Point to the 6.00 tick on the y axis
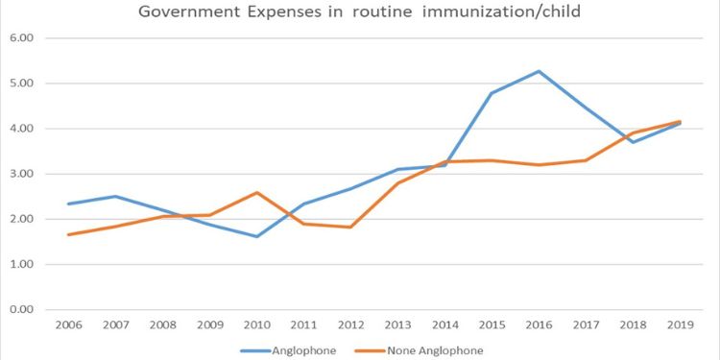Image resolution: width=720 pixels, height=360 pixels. [22, 38]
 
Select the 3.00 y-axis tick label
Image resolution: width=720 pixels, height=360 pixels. [22, 174]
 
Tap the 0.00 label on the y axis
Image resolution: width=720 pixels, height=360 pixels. [22, 309]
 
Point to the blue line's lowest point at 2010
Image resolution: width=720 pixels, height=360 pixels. [256, 236]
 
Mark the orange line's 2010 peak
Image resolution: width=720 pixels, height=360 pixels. [256, 193]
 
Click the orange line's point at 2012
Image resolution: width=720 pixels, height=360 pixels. [350, 227]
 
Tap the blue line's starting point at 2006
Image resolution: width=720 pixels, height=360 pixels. [69, 204]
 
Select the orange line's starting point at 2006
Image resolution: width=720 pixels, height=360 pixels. [69, 234]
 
